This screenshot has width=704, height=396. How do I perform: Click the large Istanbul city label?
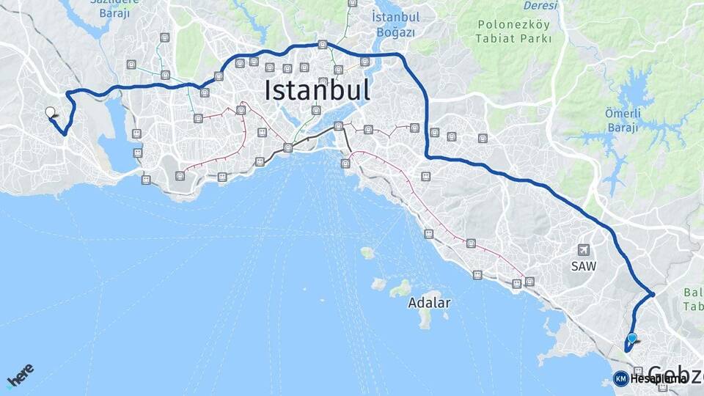tap(317, 90)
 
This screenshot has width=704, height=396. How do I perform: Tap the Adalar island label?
tap(429, 302)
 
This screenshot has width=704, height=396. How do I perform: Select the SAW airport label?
tap(583, 266)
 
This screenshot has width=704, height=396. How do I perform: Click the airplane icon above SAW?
tap(583, 249)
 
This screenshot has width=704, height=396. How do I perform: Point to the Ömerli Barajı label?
tap(623, 120)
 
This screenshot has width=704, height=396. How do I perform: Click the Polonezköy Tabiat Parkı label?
tap(514, 31)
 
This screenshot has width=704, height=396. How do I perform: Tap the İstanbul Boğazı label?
tap(395, 24)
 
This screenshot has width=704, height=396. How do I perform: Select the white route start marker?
tap(50, 112)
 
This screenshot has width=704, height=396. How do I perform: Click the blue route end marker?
tap(631, 339)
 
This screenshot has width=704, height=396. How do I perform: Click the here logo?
tap(21, 375)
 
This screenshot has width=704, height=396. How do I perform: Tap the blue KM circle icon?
tap(620, 378)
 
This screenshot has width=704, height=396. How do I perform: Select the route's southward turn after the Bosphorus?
tap(405, 59)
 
